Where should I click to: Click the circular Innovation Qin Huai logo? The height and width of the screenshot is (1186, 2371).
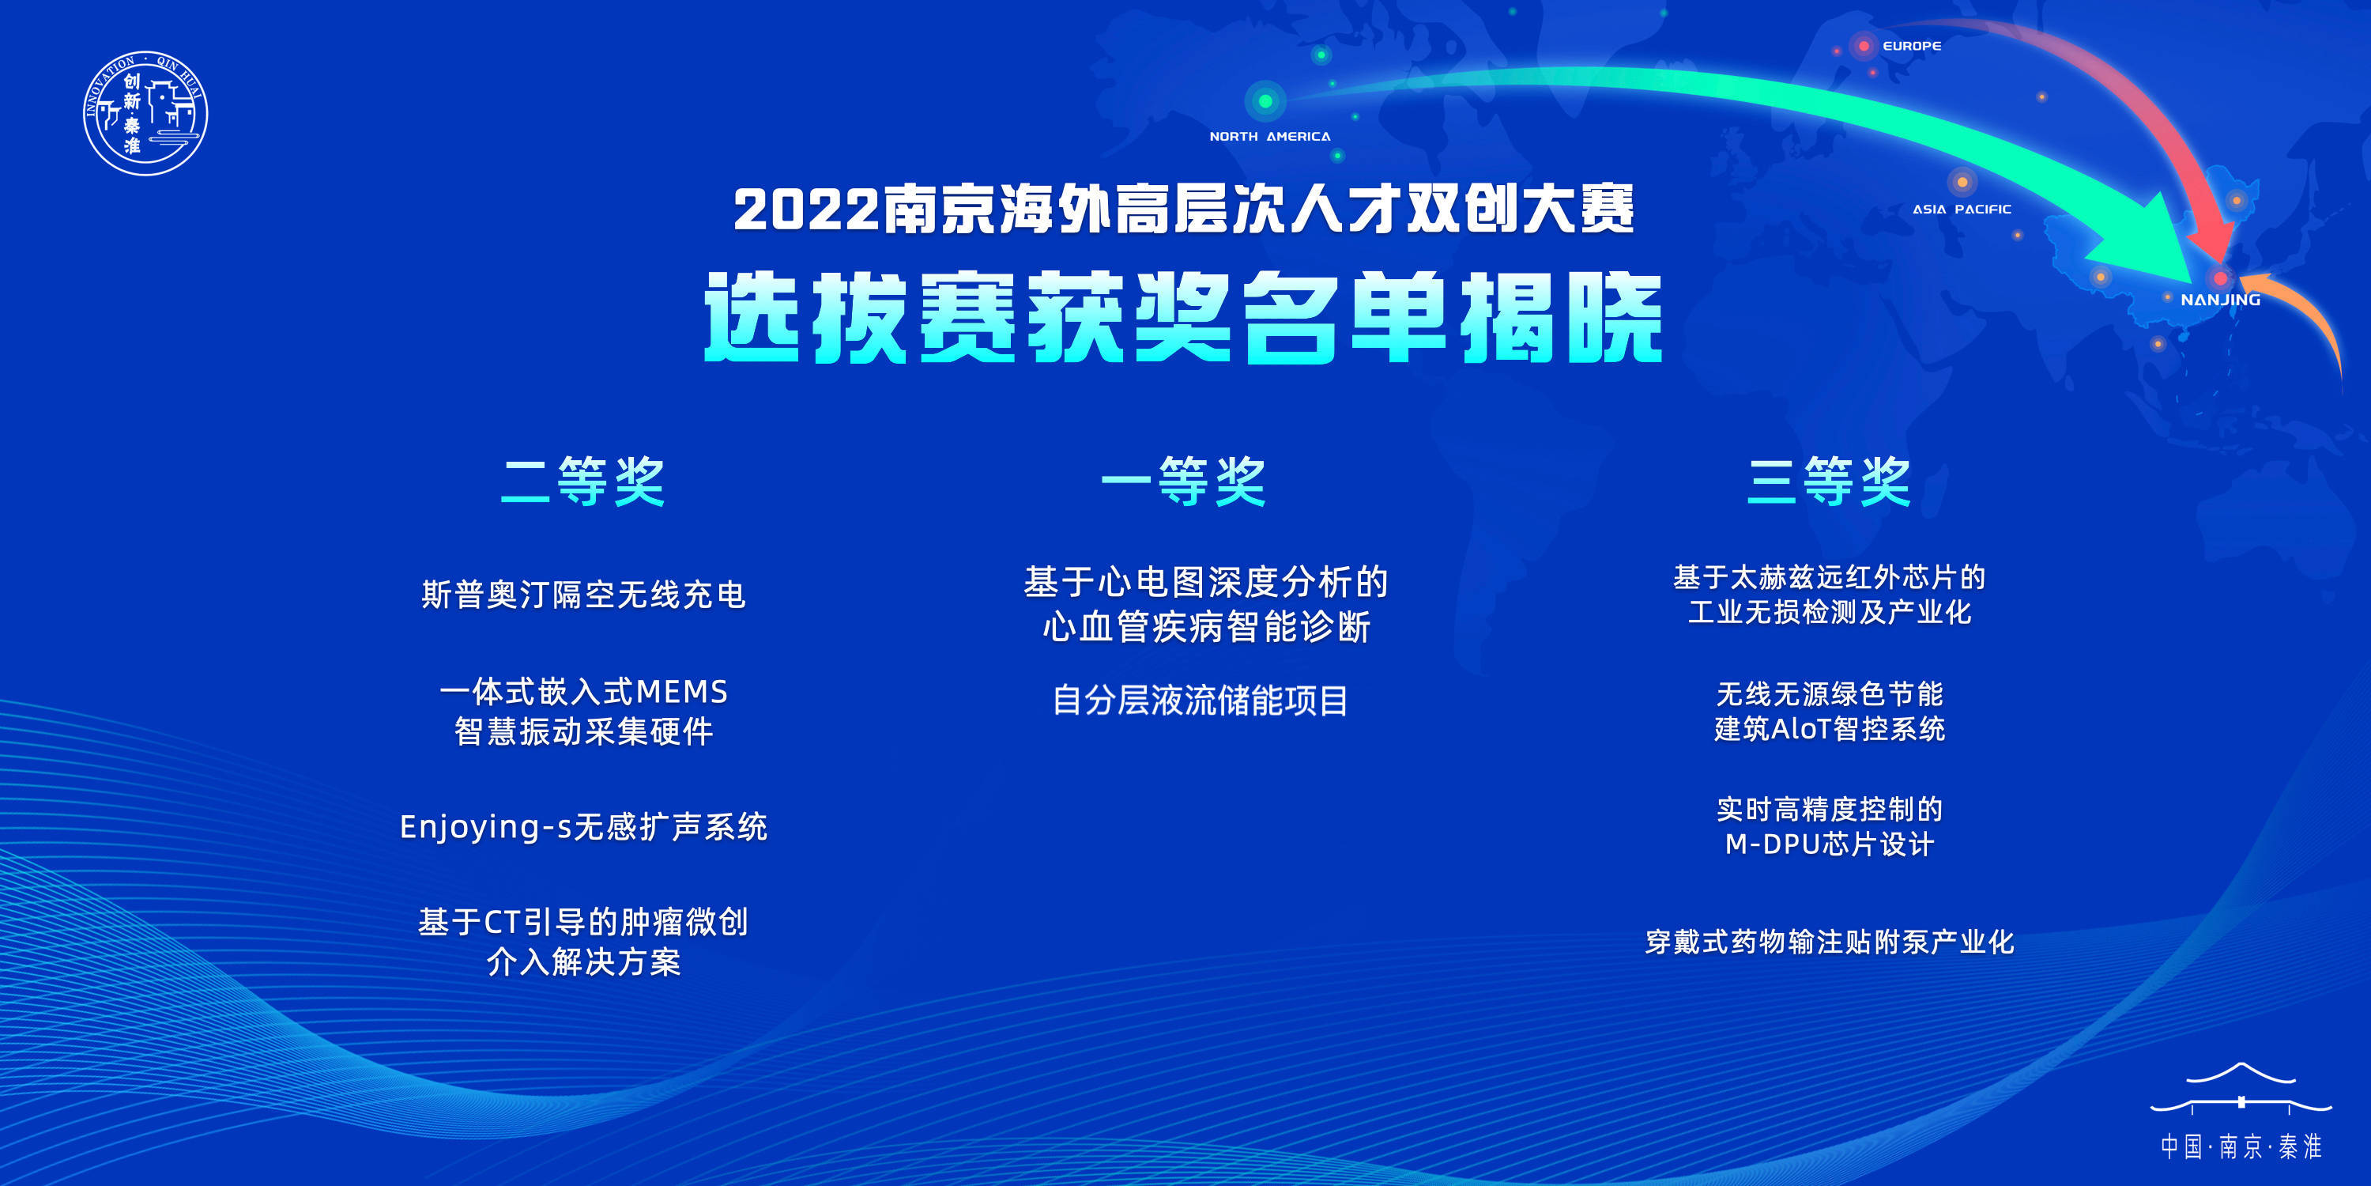point(145,113)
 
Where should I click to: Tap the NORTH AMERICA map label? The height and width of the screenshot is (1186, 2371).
point(1269,136)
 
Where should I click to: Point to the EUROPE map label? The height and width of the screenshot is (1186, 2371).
point(1912,46)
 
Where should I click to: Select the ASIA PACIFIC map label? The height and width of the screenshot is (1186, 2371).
point(1962,209)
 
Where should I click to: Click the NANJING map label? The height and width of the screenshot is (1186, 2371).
point(2220,299)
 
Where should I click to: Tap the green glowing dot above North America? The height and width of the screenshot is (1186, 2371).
point(1265,100)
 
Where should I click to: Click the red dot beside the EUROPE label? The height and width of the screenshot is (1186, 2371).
point(1864,46)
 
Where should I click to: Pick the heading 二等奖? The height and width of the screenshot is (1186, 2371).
point(583,481)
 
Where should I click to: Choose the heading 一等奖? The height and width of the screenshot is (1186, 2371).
point(1184,481)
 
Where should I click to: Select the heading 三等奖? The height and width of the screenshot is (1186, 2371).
point(1829,481)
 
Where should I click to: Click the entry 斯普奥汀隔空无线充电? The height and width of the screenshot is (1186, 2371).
point(583,595)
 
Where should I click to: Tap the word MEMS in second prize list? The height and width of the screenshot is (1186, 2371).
point(682,692)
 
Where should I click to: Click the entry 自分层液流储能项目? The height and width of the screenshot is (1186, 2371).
point(1201,701)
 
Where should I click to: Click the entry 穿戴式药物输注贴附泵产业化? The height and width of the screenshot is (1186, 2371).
point(1830,942)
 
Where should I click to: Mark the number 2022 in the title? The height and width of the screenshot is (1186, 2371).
point(806,210)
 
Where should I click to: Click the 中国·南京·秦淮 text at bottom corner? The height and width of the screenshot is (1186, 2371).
point(2241,1146)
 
